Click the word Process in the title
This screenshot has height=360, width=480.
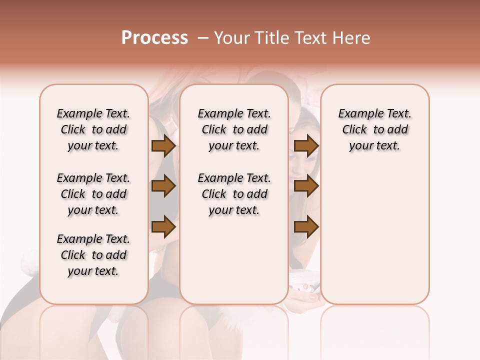click(154, 38)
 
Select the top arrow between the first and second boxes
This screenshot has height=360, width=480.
click(163, 146)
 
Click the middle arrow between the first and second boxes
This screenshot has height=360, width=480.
click(163, 186)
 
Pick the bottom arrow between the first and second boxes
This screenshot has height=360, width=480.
click(163, 226)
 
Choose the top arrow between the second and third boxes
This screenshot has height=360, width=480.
click(306, 146)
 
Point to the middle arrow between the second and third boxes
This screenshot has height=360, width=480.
click(306, 186)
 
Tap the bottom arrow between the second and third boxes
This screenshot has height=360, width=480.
click(306, 226)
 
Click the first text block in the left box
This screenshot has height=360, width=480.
click(93, 129)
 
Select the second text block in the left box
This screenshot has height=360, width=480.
click(93, 194)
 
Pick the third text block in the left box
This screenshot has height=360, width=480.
click(93, 255)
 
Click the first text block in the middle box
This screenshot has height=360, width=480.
click(234, 129)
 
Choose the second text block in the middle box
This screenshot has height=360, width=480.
click(234, 194)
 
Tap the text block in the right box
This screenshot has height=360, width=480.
click(375, 129)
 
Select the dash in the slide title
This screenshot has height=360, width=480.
click(203, 38)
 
